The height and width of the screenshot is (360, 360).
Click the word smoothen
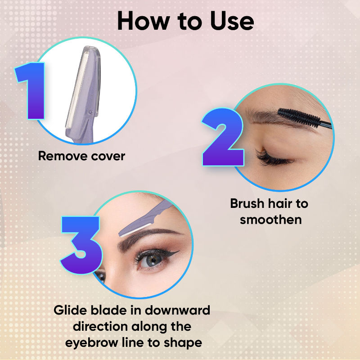270,220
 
